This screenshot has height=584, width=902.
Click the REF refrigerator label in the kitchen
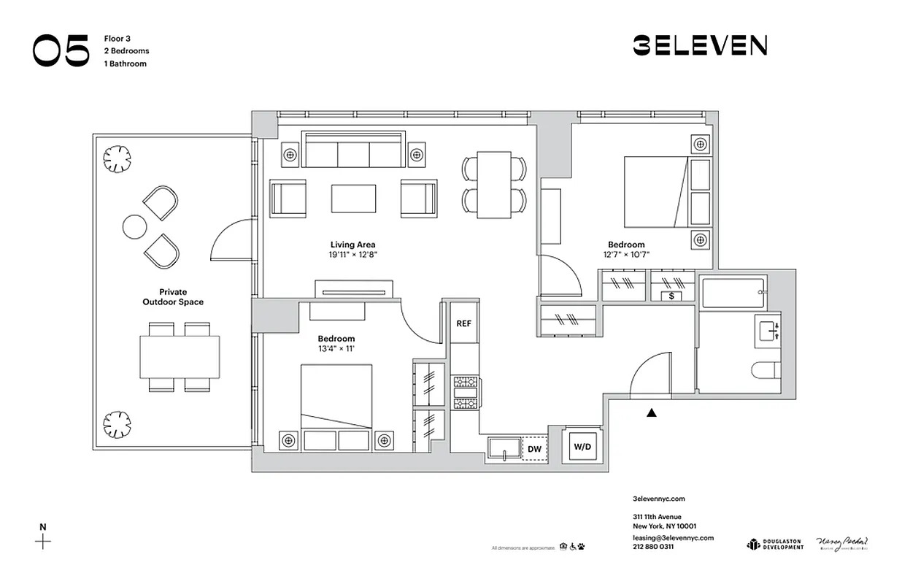coord(463,323)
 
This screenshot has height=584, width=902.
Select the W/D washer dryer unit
coord(582,445)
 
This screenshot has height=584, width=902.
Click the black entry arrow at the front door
coord(652,412)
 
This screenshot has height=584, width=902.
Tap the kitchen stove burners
coord(465,392)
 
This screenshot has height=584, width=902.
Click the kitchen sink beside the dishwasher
coord(504,449)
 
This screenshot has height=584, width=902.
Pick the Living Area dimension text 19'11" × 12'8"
coord(352,255)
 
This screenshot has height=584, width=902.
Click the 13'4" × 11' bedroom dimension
coord(336,349)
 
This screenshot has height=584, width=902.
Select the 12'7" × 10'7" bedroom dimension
coord(626,255)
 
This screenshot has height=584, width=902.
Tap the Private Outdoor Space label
coord(173,296)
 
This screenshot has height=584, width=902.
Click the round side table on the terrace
coord(134,227)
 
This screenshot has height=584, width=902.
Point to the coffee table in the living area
coord(353,198)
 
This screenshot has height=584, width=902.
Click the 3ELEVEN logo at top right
coord(699,46)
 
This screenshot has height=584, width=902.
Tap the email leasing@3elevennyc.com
coord(672,537)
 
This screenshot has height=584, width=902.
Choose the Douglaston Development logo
coord(774,544)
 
